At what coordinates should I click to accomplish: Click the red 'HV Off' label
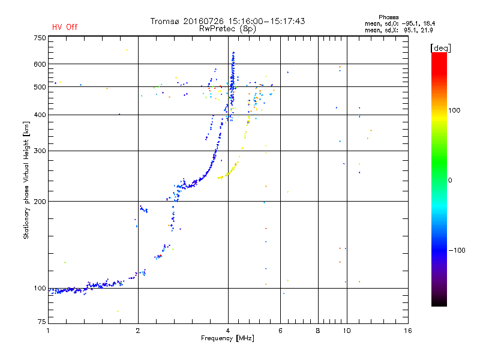click(65, 27)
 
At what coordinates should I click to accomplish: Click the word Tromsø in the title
click(164, 21)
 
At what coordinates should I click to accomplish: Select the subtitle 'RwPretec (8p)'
click(227, 29)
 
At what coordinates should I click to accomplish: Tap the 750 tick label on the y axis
click(40, 38)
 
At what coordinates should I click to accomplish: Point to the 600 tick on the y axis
click(40, 64)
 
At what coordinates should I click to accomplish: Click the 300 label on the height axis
click(40, 151)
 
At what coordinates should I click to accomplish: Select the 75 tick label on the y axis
click(42, 322)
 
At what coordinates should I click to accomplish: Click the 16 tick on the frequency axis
click(408, 331)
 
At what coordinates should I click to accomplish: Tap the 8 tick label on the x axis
click(318, 331)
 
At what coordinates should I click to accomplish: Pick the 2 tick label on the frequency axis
click(138, 331)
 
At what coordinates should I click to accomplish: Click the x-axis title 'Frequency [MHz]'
click(227, 338)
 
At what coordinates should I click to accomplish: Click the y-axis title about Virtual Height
click(26, 180)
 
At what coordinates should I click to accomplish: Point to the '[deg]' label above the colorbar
click(440, 48)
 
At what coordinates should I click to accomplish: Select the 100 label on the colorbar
click(454, 110)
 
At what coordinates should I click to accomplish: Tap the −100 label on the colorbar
click(457, 250)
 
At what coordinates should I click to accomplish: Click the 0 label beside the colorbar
click(450, 181)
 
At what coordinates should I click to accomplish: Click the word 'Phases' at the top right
click(388, 17)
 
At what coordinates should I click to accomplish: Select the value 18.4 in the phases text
click(429, 23)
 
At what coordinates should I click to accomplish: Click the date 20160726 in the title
click(203, 21)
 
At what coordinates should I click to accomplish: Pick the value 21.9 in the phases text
click(427, 30)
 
